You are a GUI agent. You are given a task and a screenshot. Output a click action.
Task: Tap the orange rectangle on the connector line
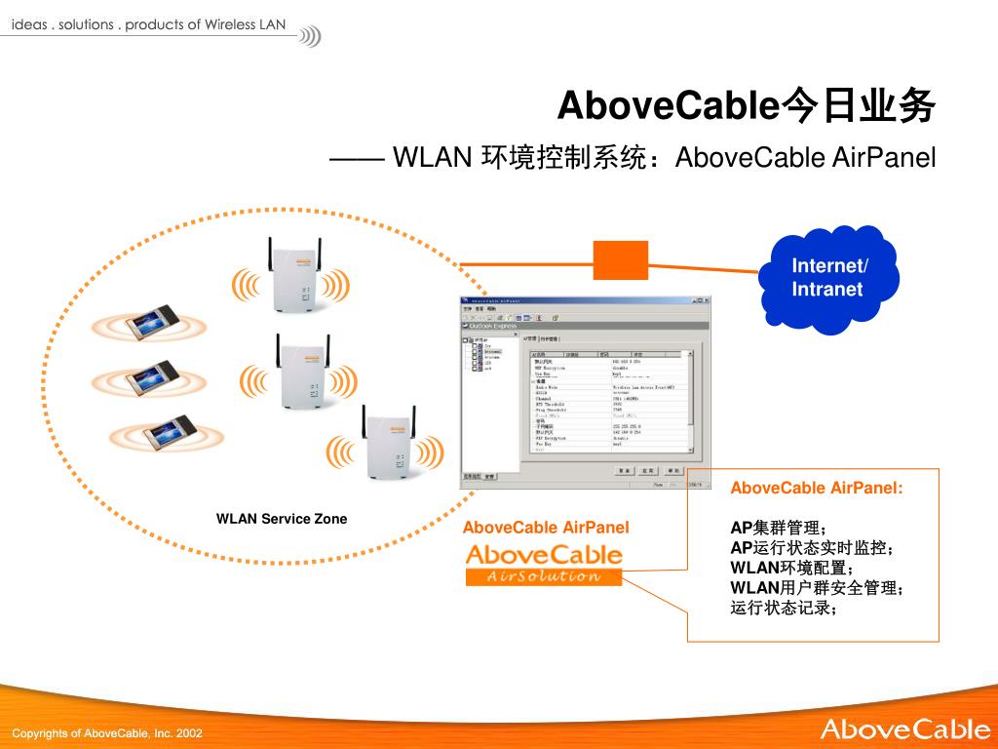click(621, 259)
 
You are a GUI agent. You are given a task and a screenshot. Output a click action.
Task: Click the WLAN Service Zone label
click(282, 519)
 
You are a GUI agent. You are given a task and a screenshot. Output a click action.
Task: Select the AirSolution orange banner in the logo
click(544, 576)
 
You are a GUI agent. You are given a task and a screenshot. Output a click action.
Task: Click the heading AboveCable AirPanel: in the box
click(817, 488)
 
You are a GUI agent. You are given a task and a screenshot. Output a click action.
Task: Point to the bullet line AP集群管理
click(779, 529)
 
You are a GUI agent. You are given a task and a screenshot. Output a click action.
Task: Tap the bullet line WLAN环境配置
click(791, 569)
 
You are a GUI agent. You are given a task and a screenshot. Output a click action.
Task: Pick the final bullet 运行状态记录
click(784, 609)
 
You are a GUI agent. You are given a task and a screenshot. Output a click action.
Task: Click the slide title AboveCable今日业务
click(747, 106)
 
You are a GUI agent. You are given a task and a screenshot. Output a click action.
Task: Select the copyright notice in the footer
click(107, 732)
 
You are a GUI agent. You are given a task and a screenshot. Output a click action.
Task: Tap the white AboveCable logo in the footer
click(904, 729)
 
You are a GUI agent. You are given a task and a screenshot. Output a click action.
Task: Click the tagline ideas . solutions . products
click(148, 24)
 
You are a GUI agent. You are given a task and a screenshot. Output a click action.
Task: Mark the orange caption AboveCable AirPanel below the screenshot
click(546, 528)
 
